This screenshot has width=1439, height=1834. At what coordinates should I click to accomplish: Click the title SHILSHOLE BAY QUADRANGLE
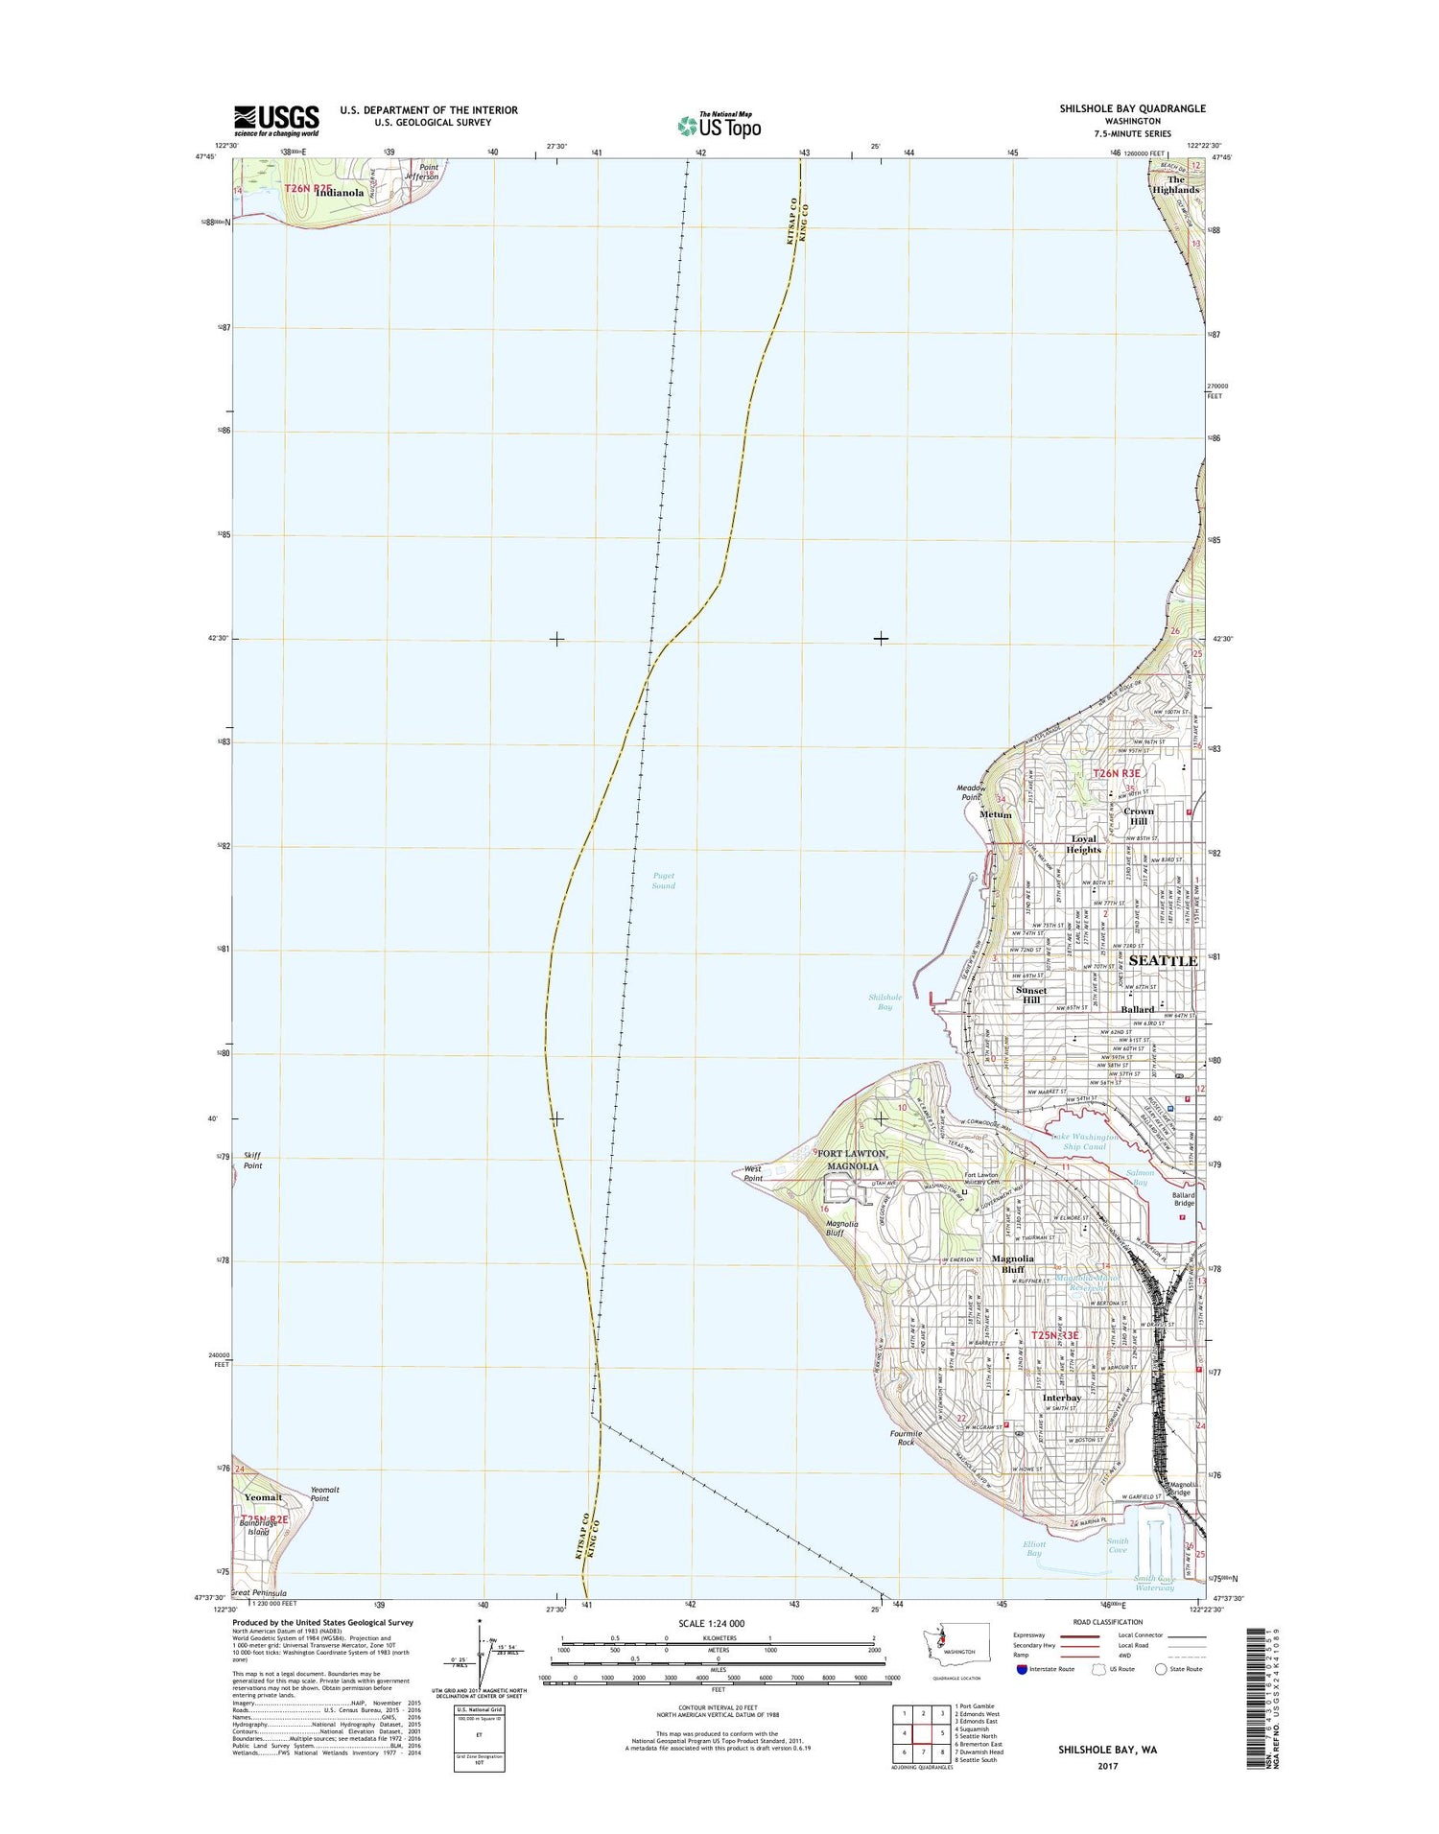pyautogui.click(x=1132, y=108)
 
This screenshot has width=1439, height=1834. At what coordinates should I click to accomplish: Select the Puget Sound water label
pyautogui.click(x=663, y=881)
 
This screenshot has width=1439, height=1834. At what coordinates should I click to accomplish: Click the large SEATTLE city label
pyautogui.click(x=1163, y=960)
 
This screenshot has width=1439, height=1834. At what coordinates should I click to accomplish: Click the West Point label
pyautogui.click(x=753, y=1173)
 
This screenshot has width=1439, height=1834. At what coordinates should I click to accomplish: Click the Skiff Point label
pyautogui.click(x=251, y=1161)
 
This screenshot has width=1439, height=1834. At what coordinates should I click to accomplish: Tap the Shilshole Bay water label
pyautogui.click(x=885, y=1002)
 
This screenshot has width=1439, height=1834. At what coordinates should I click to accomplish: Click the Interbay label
pyautogui.click(x=1061, y=1399)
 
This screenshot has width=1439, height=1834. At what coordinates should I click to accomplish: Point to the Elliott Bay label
pyautogui.click(x=1033, y=1576)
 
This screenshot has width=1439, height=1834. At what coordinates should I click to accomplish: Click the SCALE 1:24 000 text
pyautogui.click(x=711, y=1624)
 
